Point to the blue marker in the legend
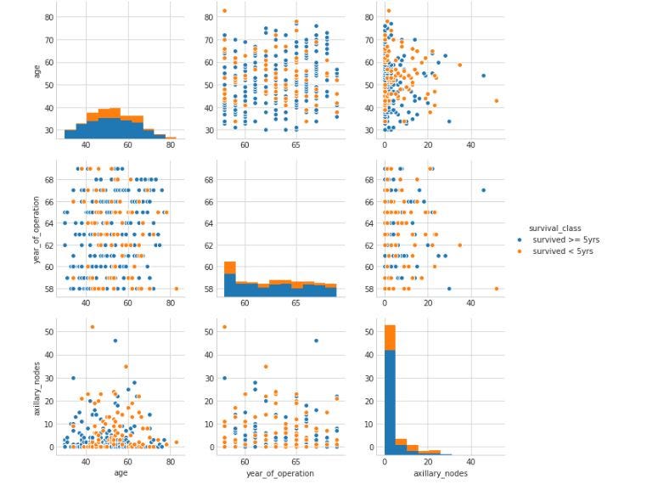click(x=520, y=239)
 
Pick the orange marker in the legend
click(x=520, y=251)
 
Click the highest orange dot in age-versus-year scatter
click(x=224, y=11)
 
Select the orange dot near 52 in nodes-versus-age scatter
click(x=92, y=327)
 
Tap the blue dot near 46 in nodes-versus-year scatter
click(x=316, y=341)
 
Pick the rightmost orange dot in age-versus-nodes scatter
click(x=496, y=101)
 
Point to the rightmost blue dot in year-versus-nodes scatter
click(x=483, y=190)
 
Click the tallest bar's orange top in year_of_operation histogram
click(x=229, y=268)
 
